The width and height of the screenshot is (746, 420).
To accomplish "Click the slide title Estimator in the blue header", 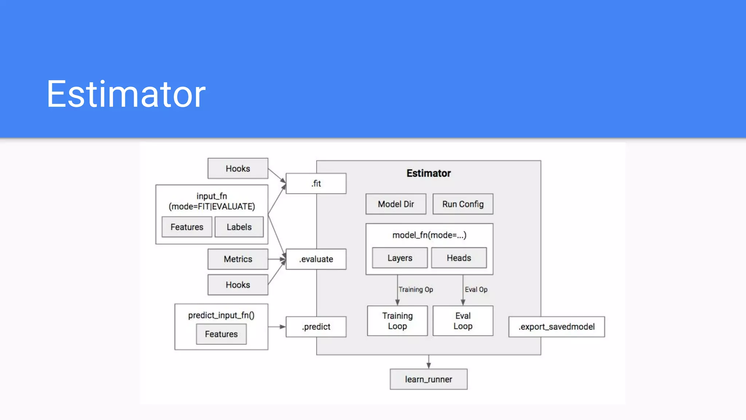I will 126,94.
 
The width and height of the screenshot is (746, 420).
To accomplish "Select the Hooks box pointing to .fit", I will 238,168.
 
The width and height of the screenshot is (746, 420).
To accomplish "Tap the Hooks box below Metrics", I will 238,285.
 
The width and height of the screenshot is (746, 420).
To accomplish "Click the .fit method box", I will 316,183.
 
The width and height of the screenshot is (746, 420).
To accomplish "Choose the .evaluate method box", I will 316,259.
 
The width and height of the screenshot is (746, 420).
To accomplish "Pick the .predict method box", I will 316,327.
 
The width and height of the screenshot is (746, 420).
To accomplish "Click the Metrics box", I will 238,259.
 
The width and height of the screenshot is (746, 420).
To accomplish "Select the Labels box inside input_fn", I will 239,227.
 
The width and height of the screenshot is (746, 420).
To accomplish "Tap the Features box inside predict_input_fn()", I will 221,334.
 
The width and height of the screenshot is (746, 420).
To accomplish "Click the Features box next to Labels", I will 187,227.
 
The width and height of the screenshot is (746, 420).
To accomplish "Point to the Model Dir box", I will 396,204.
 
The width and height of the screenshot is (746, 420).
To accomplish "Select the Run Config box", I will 463,204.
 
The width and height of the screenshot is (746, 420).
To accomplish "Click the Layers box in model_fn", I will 400,258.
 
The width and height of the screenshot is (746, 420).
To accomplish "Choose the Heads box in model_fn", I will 459,258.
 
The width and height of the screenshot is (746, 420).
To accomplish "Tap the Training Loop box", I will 397,321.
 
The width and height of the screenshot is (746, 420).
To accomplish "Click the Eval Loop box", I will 463,321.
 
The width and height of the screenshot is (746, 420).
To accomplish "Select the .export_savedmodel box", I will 556,327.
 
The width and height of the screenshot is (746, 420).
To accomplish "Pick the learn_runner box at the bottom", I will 428,379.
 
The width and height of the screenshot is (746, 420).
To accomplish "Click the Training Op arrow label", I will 416,289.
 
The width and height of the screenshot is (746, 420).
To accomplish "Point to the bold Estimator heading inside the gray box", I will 428,173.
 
